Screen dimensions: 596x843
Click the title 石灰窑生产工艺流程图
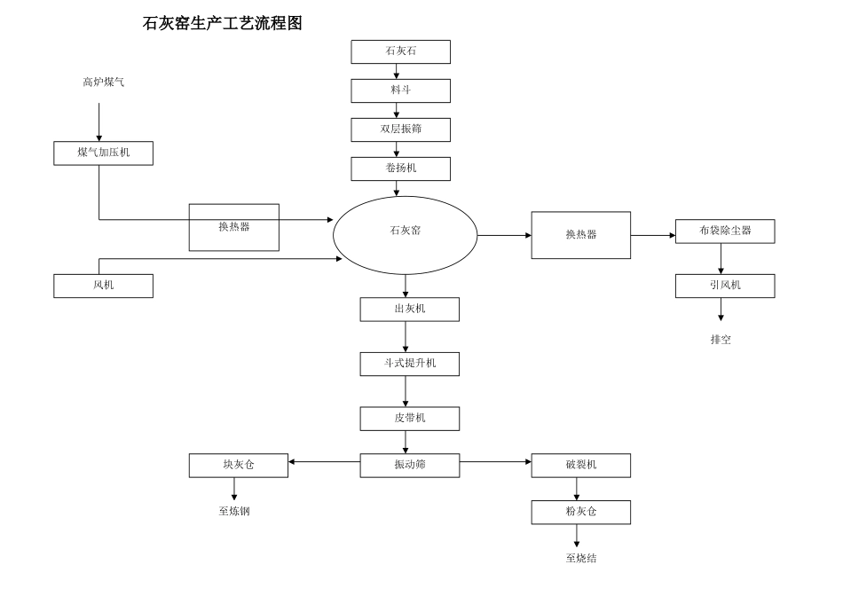(222, 24)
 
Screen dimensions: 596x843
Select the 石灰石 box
(400, 51)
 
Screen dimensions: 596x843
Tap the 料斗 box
(400, 90)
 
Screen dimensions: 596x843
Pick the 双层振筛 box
(400, 129)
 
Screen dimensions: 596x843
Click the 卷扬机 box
(400, 169)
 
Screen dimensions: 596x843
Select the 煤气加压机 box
(103, 153)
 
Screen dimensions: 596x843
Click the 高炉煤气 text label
(103, 82)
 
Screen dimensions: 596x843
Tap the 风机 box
(103, 286)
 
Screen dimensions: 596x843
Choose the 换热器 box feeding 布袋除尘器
(580, 235)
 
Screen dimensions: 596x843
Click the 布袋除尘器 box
(724, 231)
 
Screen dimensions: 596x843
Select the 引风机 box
(724, 286)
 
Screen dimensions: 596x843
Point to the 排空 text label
(721, 339)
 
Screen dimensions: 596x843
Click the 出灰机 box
(409, 309)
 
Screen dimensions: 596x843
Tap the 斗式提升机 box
(409, 364)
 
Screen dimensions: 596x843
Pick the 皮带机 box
(409, 418)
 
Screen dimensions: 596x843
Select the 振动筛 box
(409, 465)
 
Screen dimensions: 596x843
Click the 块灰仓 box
(238, 465)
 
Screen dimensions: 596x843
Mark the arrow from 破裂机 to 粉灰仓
(577, 489)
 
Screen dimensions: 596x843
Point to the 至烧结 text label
(580, 558)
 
